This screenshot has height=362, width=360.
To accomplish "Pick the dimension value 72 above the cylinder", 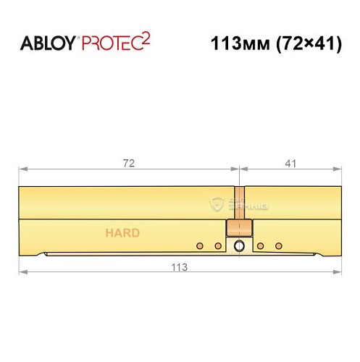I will tap(129, 163).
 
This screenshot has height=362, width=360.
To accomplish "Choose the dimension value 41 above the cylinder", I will tap(290, 163).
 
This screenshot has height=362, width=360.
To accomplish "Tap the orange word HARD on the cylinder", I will tap(122, 233).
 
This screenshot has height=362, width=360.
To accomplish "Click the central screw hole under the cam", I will tap(239, 247).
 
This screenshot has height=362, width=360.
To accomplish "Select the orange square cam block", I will tap(239, 229).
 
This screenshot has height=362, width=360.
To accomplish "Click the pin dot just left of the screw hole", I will tap(218, 247).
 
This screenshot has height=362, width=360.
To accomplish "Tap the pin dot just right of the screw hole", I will tap(260, 247).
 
